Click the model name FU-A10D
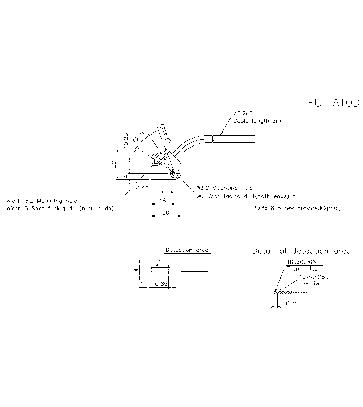334,103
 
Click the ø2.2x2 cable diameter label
243,114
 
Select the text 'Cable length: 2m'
257,121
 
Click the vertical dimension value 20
114,164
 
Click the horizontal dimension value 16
162,201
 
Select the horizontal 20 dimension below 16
166,213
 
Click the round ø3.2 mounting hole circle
175,174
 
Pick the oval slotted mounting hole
159,158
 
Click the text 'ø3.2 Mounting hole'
224,188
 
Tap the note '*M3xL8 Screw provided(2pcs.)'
297,208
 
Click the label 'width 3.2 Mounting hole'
42,201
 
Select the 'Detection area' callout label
187,250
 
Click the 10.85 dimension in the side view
160,284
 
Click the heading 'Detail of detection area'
301,251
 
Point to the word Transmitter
303,269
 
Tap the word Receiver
311,284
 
